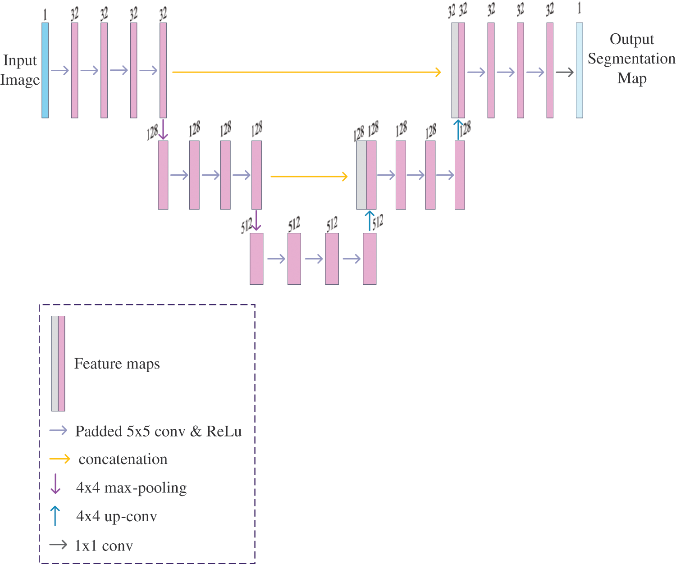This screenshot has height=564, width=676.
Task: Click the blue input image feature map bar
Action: pyautogui.click(x=45, y=70)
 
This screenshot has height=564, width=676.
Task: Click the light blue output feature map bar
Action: pyautogui.click(x=579, y=70)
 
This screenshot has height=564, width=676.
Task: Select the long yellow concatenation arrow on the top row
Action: pyautogui.click(x=306, y=72)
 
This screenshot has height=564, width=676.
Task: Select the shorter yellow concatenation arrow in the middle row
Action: pyautogui.click(x=309, y=177)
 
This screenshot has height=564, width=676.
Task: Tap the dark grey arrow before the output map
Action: pyautogui.click(x=564, y=72)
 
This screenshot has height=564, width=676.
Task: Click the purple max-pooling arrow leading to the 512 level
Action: pyautogui.click(x=256, y=220)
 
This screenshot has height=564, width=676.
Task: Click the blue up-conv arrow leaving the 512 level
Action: pyautogui.click(x=370, y=221)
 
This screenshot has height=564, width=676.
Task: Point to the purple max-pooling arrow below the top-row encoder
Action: pyautogui.click(x=163, y=129)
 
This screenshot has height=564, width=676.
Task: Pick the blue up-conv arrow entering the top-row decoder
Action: pyautogui.click(x=458, y=129)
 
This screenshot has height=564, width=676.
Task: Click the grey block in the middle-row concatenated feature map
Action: pyautogui.click(x=361, y=175)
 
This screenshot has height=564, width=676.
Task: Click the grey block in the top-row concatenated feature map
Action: pyautogui.click(x=455, y=70)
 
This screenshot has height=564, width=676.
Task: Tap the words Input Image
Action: pyautogui.click(x=20, y=70)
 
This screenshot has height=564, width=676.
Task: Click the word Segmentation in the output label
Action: pyautogui.click(x=631, y=59)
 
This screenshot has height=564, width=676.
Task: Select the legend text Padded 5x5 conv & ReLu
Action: pyautogui.click(x=158, y=431)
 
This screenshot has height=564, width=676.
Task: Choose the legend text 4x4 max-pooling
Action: pyautogui.click(x=131, y=487)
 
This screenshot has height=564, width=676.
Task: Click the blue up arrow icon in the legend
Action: pyautogui.click(x=55, y=516)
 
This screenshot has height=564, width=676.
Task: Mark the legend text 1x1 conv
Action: pyautogui.click(x=104, y=546)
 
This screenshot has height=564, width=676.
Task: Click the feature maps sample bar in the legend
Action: pyautogui.click(x=58, y=363)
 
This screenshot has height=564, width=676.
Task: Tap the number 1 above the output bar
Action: pyautogui.click(x=579, y=8)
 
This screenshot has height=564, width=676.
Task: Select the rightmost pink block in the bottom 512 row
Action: pyautogui.click(x=370, y=259)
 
